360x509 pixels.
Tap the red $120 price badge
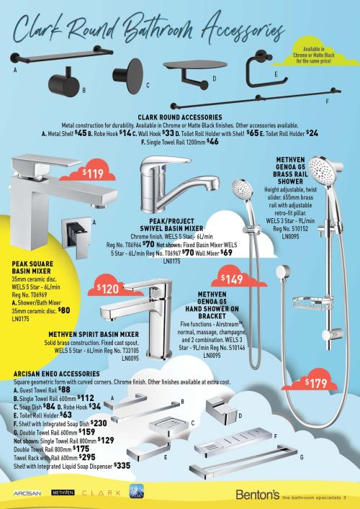tap(107, 289)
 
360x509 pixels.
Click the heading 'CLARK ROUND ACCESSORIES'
tap(179, 116)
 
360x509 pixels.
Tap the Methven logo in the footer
tap(66, 493)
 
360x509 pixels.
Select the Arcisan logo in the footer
tap(26, 493)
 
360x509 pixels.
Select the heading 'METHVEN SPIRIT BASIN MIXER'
tap(94, 334)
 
